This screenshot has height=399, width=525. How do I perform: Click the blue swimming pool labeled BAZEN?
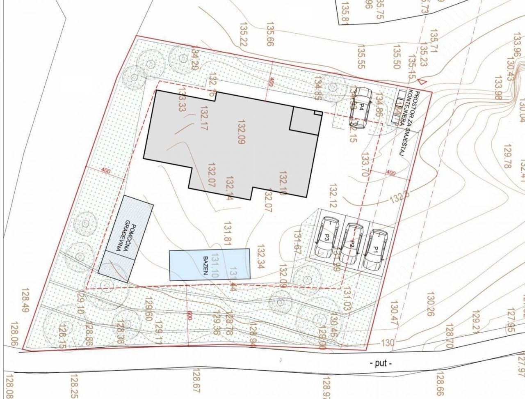tap(209, 264)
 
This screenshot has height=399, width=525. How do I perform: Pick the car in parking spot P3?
tap(327, 236)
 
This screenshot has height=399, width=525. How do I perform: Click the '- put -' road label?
tap(381, 363)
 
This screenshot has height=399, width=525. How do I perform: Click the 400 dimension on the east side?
tap(391, 174)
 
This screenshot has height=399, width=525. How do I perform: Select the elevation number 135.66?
tap(269, 34)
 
